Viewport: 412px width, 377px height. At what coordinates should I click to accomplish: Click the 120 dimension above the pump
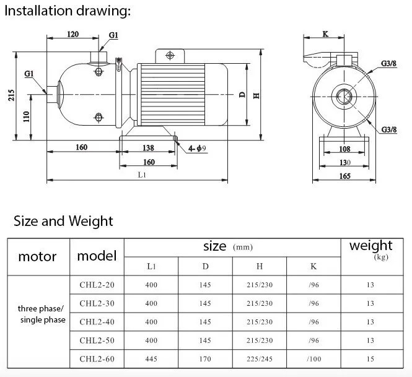tap(72, 34)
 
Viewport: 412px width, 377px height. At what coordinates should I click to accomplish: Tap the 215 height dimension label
tap(11, 95)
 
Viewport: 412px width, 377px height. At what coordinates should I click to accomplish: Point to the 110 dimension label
tap(27, 116)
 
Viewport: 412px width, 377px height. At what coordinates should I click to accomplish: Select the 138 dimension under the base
tap(148, 148)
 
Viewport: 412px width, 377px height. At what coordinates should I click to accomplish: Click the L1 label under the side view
tap(142, 175)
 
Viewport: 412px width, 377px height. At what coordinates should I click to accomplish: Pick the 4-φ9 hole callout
tap(197, 149)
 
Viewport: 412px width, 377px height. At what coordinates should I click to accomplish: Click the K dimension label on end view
tap(325, 34)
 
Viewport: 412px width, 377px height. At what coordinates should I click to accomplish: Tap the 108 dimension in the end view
tap(344, 149)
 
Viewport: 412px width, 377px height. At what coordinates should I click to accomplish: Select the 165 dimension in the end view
tap(344, 176)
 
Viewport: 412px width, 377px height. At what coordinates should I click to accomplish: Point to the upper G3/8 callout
tap(388, 63)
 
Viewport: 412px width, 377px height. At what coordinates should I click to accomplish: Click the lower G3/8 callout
tap(389, 129)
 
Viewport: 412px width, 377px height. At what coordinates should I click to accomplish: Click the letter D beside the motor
tap(242, 95)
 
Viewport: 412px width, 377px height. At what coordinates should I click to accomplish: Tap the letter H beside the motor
tap(256, 96)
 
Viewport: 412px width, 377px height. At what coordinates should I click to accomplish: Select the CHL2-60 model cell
tap(97, 359)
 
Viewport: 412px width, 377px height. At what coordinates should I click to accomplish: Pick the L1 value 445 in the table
tap(151, 359)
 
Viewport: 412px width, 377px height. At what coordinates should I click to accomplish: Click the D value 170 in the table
tap(205, 359)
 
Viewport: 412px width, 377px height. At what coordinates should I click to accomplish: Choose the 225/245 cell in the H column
tap(260, 359)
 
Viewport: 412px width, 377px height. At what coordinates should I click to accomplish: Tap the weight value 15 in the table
tap(370, 359)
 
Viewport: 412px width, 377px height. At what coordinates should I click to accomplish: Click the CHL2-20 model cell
tap(97, 285)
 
